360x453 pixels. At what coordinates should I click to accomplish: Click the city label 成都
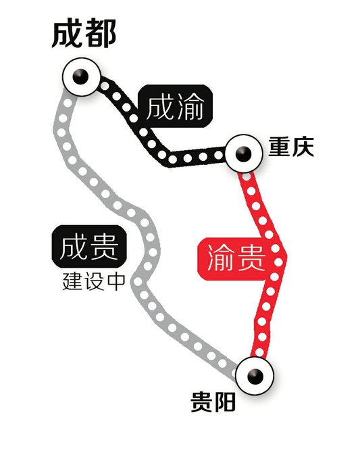pos(84,33)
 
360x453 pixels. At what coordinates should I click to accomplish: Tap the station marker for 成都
pos(82,77)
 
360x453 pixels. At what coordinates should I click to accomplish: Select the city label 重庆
pos(291,147)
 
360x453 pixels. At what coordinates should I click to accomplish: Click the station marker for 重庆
pos(244,153)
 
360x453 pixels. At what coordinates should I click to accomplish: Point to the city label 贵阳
pos(213,402)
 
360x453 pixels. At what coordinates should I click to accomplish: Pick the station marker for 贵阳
pos(255,375)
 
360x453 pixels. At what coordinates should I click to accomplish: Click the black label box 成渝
pos(176,106)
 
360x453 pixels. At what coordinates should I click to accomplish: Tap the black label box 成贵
pos(89,246)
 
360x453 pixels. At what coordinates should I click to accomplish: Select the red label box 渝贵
pos(236,258)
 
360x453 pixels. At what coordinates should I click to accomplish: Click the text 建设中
pos(94,282)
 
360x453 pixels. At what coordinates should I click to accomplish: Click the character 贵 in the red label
pos(251,258)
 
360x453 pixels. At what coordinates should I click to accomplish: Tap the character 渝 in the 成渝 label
pos(191,106)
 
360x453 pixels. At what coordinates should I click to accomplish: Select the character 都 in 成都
pos(101,33)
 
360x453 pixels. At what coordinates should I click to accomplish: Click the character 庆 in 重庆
pos(303,147)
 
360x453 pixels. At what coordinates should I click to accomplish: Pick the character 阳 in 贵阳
pos(225,402)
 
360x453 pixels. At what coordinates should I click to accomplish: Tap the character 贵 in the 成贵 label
pos(104,246)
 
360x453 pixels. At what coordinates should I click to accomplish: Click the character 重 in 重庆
pos(280,147)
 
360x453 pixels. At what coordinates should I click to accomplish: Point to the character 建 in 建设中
pos(72,282)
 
